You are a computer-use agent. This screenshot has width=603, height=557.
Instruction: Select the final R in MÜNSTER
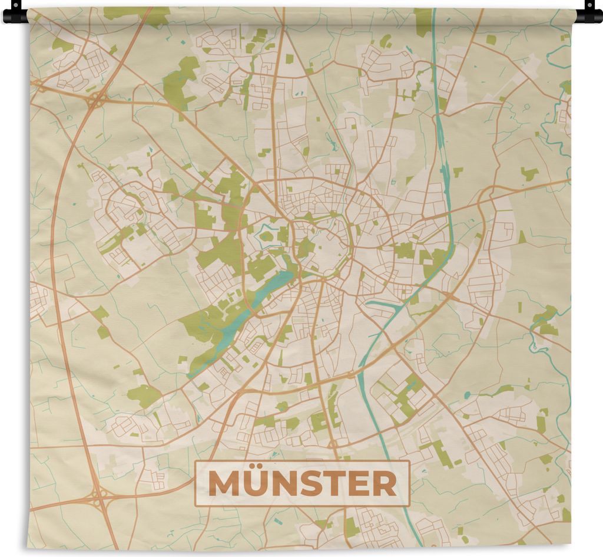(384, 484)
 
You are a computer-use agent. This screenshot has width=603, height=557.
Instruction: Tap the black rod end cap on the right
(589, 13)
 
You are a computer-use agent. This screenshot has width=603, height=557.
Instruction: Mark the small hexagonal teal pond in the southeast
(467, 395)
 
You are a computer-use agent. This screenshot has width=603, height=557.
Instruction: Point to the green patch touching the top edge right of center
(422, 21)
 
